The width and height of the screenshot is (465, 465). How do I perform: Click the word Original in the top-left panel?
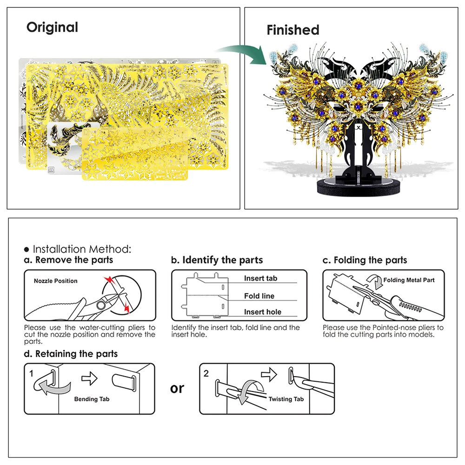pos(52,27)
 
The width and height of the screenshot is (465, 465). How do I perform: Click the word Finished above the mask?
pos(292,30)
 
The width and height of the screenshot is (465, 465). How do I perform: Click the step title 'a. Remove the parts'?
pos(68,260)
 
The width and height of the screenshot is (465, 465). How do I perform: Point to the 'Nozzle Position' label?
pos(55,281)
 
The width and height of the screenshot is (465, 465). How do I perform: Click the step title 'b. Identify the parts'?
pos(217,260)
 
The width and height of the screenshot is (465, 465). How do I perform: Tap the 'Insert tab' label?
pos(260,278)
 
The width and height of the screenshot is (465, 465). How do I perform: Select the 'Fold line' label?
pos(259,296)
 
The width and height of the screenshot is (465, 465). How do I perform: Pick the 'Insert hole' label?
pos(263,312)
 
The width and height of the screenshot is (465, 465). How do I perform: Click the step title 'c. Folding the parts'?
pos(365,260)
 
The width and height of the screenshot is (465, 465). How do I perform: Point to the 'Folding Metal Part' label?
pos(409,280)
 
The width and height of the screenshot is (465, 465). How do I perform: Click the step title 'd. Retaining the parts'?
pos(71,354)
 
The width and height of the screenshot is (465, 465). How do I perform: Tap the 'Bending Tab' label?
pos(92,399)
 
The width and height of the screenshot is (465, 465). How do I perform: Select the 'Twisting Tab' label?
pos(286,399)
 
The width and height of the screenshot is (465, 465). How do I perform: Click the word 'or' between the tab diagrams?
pos(177,388)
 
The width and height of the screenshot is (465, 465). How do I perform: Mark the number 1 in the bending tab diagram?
pos(31,373)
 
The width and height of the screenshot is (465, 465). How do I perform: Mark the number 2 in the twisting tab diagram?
pos(206,373)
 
